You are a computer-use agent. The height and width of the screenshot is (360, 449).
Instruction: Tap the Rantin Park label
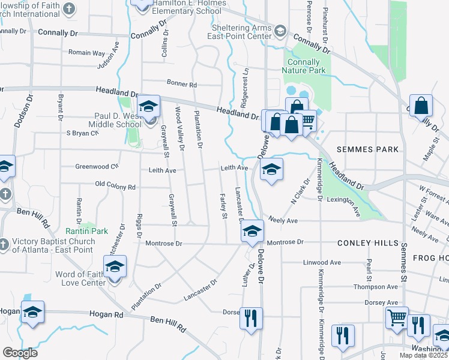[x=86, y=231]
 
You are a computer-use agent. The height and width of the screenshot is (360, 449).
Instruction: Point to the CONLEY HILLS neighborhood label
[x=367, y=243]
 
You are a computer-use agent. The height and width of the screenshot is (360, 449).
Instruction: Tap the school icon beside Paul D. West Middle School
[x=148, y=108]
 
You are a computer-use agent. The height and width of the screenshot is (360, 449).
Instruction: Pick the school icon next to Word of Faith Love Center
[x=115, y=268]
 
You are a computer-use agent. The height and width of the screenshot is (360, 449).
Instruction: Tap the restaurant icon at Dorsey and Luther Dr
[x=250, y=317]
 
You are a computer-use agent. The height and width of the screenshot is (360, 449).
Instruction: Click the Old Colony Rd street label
[x=115, y=187]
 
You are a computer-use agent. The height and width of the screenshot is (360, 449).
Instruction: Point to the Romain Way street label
[x=86, y=53]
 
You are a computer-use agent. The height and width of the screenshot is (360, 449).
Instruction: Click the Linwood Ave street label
[x=322, y=263]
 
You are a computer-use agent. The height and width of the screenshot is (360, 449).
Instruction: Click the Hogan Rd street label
[x=106, y=314]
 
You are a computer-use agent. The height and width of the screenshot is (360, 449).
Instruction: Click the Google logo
[x=20, y=352]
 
